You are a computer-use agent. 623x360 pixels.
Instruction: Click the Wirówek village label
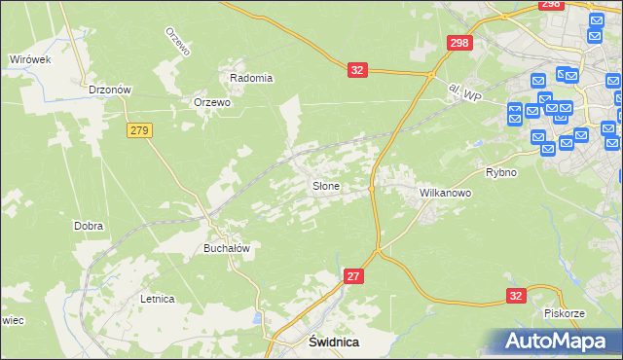tap(29, 59)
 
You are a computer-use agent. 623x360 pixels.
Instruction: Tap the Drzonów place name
tap(110, 90)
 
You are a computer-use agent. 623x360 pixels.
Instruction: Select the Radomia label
tap(251, 78)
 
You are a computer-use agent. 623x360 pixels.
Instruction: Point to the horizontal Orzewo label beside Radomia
tap(211, 102)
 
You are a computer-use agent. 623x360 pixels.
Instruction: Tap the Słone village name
tap(325, 185)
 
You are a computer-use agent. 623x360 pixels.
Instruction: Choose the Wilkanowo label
tap(445, 193)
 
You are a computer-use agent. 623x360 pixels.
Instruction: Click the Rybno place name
tap(500, 172)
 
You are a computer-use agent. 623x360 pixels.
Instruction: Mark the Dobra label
tap(89, 226)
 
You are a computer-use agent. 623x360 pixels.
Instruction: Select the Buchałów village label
tap(227, 248)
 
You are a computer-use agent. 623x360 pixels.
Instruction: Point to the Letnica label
tap(157, 299)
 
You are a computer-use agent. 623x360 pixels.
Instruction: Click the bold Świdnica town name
tap(334, 342)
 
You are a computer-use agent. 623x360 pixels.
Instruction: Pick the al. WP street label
tap(465, 93)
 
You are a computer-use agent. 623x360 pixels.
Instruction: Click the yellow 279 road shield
tap(137, 129)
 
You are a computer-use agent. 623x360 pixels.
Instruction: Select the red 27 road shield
tap(354, 277)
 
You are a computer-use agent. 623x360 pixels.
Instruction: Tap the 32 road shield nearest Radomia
tap(357, 70)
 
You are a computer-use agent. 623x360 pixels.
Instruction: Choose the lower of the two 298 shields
tap(459, 43)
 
